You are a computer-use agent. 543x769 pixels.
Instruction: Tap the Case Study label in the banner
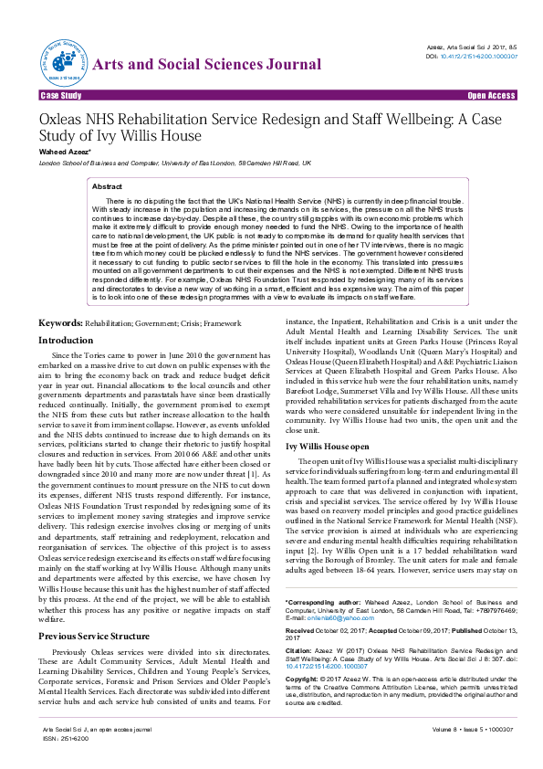(x=61, y=95)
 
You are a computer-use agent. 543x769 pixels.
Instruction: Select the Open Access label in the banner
(x=491, y=95)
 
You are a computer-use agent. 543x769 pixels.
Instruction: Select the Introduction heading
(x=65, y=340)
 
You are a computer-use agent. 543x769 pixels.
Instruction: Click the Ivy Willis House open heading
(x=327, y=445)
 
